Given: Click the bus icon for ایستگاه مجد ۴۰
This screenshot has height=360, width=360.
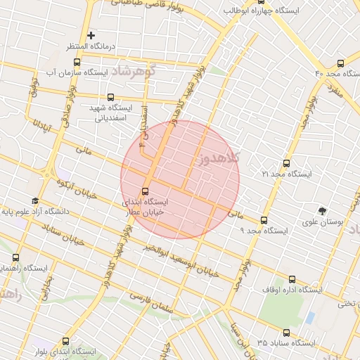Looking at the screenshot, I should pos(341,63).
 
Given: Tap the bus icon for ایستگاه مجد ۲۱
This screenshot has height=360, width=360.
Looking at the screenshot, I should pos(285,162).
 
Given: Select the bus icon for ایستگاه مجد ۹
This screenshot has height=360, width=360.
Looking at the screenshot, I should pos(264,220).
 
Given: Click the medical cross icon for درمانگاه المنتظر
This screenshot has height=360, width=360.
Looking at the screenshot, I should pos(91,35).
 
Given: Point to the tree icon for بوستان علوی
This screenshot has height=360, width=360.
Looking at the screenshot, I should pos(322,210).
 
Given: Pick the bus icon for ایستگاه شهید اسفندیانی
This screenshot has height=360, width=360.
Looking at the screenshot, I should pos(110,98).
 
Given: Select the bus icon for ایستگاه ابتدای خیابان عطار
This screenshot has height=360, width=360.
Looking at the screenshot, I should pos(146,191).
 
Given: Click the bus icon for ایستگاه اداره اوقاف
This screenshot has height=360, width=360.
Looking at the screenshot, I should pos(292,279).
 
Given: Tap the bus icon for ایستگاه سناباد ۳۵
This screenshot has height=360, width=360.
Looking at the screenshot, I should pos(285,333).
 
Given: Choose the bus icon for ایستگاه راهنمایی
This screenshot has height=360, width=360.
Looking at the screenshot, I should pos(15,257).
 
